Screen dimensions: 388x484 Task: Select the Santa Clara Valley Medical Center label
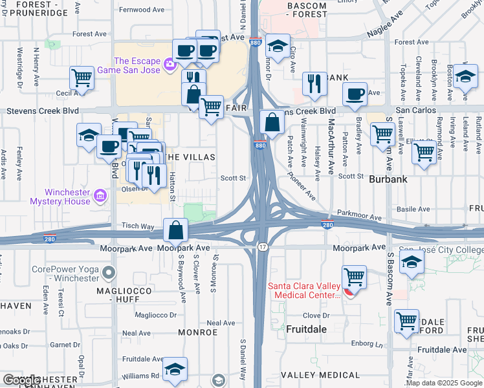point(303,290)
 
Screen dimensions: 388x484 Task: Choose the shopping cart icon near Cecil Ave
point(82,78)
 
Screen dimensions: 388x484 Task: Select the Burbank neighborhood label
point(386,183)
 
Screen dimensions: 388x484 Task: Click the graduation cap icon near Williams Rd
point(175,369)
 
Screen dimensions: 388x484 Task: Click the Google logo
point(21,381)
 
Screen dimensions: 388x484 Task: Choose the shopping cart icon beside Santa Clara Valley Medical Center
point(354,277)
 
